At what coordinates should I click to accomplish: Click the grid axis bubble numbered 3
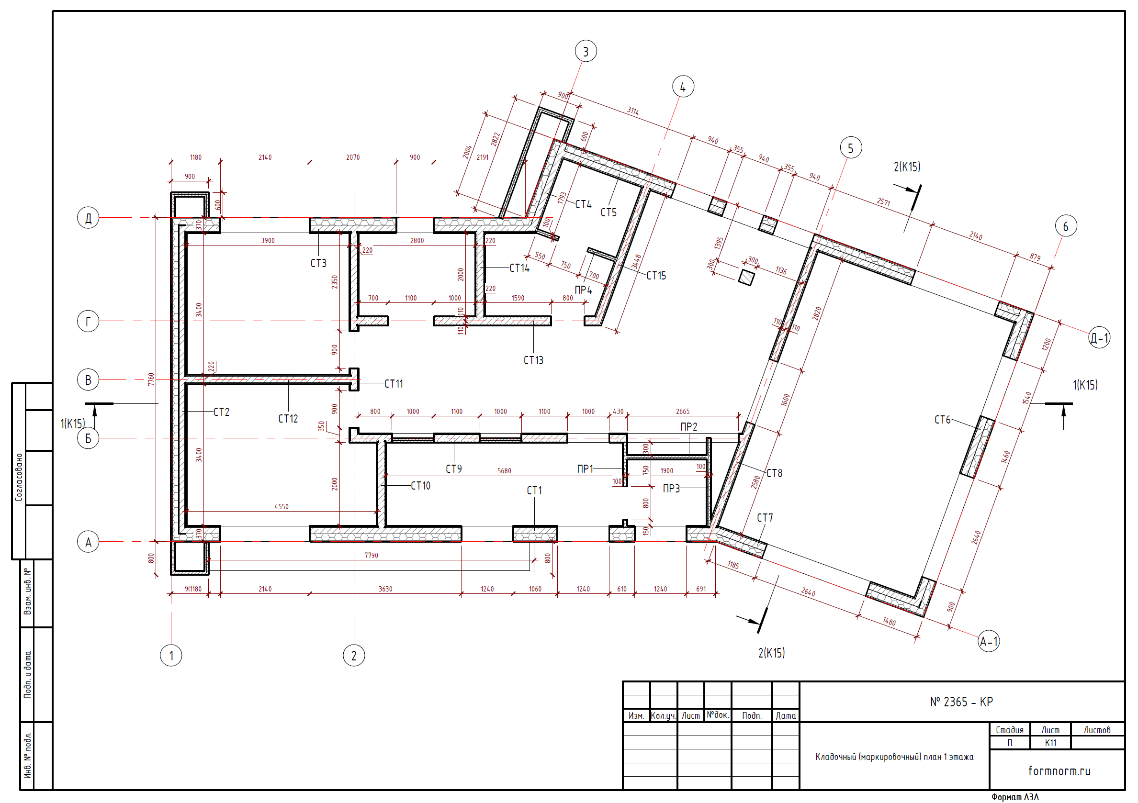(586, 51)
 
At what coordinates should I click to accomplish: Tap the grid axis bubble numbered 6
(1066, 226)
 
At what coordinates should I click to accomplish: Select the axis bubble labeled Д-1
(1099, 338)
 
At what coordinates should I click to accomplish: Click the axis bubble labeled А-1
(988, 642)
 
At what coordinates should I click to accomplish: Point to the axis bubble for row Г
(88, 321)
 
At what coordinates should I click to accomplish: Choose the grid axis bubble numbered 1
(171, 656)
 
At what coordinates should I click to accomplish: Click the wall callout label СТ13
(533, 360)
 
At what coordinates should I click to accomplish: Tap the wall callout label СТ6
(942, 420)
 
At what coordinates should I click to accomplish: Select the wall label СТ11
(394, 383)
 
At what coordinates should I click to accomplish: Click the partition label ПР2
(689, 426)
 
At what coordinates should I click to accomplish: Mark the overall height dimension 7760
(151, 379)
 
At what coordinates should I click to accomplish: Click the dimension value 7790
(371, 555)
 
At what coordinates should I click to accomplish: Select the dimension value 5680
(504, 470)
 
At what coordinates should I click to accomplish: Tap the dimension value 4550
(282, 506)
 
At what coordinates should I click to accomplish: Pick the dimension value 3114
(633, 111)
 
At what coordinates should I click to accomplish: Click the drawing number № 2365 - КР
(961, 702)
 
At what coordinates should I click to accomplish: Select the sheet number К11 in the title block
(1050, 743)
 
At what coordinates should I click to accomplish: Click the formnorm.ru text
(1059, 770)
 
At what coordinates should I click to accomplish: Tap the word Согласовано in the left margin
(19, 477)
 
